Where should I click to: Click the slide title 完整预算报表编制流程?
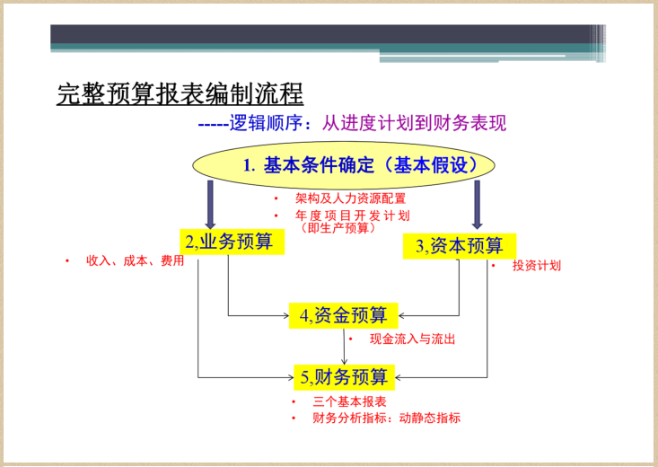(180, 93)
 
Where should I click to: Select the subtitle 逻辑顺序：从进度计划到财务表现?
(352, 123)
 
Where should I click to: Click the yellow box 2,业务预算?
(229, 242)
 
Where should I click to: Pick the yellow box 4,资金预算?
(344, 315)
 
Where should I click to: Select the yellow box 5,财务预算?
(344, 376)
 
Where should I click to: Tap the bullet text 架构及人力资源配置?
(350, 198)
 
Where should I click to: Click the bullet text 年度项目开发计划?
(352, 216)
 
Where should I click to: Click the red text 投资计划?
(536, 266)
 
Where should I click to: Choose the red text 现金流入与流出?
(412, 339)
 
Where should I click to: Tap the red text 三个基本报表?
(349, 401)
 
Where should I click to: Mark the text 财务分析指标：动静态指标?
(386, 419)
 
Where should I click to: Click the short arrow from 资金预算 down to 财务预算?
(345, 347)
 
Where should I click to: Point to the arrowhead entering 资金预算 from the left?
(285, 315)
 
